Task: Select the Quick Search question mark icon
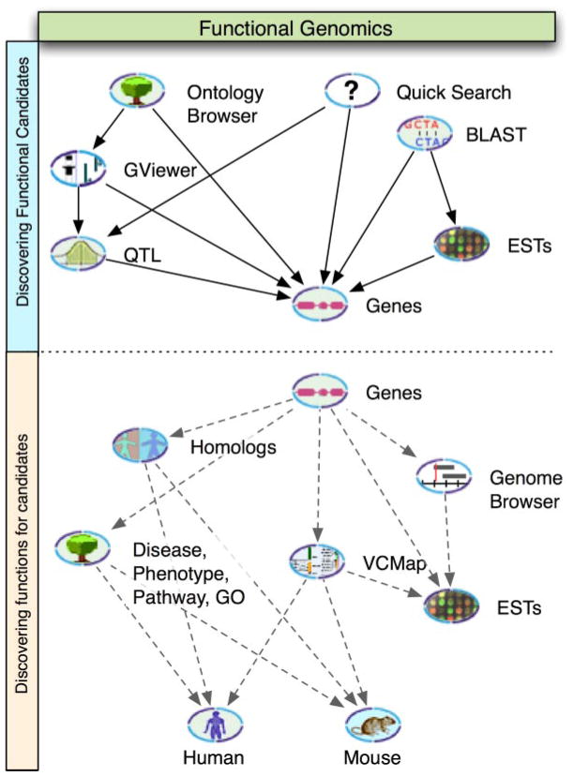[352, 92]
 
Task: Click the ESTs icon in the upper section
[461, 246]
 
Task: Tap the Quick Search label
[453, 93]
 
